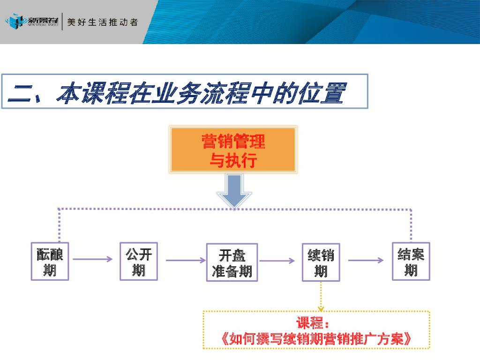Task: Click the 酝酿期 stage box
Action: tap(50, 262)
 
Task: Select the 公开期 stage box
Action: tap(139, 261)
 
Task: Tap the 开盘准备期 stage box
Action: tap(232, 262)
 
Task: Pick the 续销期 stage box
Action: tap(321, 262)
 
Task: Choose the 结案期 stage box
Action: tap(411, 262)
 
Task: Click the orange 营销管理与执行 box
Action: tap(233, 150)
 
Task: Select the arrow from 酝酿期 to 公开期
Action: tap(93, 259)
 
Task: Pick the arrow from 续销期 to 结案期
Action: tap(366, 260)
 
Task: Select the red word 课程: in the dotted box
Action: tap(313, 323)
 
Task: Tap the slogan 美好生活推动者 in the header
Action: tap(103, 22)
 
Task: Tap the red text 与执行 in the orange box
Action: tap(233, 161)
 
